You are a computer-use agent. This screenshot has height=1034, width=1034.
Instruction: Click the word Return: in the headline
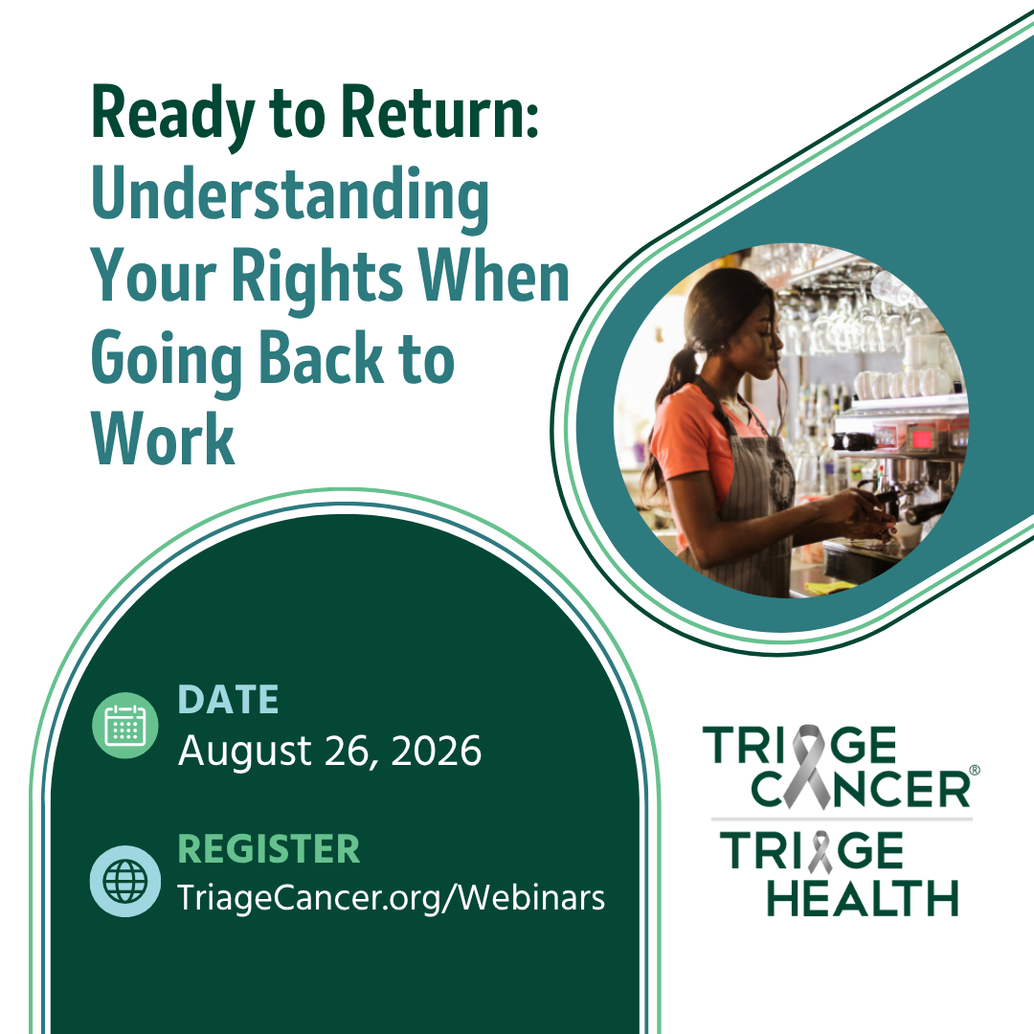[x=439, y=112]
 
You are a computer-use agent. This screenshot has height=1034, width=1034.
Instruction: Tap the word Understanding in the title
[x=290, y=197]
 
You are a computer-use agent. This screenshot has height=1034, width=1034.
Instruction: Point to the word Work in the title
[x=163, y=438]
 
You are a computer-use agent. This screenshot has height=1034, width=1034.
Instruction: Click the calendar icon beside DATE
[x=125, y=725]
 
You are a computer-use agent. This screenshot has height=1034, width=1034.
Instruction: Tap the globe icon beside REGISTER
[x=125, y=881]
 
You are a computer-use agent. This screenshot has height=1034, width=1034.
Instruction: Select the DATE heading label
[x=228, y=699]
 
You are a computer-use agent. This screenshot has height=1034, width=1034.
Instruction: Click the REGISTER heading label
[x=269, y=848]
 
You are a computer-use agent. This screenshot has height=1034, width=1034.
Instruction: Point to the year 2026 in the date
[x=436, y=752]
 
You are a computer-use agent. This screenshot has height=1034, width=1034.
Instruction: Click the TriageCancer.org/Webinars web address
[x=391, y=898]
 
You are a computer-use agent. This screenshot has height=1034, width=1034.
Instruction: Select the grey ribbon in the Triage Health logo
[x=820, y=852]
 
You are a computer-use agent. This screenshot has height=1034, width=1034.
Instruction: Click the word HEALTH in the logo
[x=863, y=897]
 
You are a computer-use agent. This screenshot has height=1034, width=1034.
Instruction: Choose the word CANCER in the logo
[x=861, y=788]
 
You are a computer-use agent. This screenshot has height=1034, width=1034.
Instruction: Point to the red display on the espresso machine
[x=921, y=438]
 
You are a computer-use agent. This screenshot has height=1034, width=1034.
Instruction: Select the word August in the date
[x=245, y=753]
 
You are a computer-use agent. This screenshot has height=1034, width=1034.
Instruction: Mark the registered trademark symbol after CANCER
[x=975, y=770]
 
